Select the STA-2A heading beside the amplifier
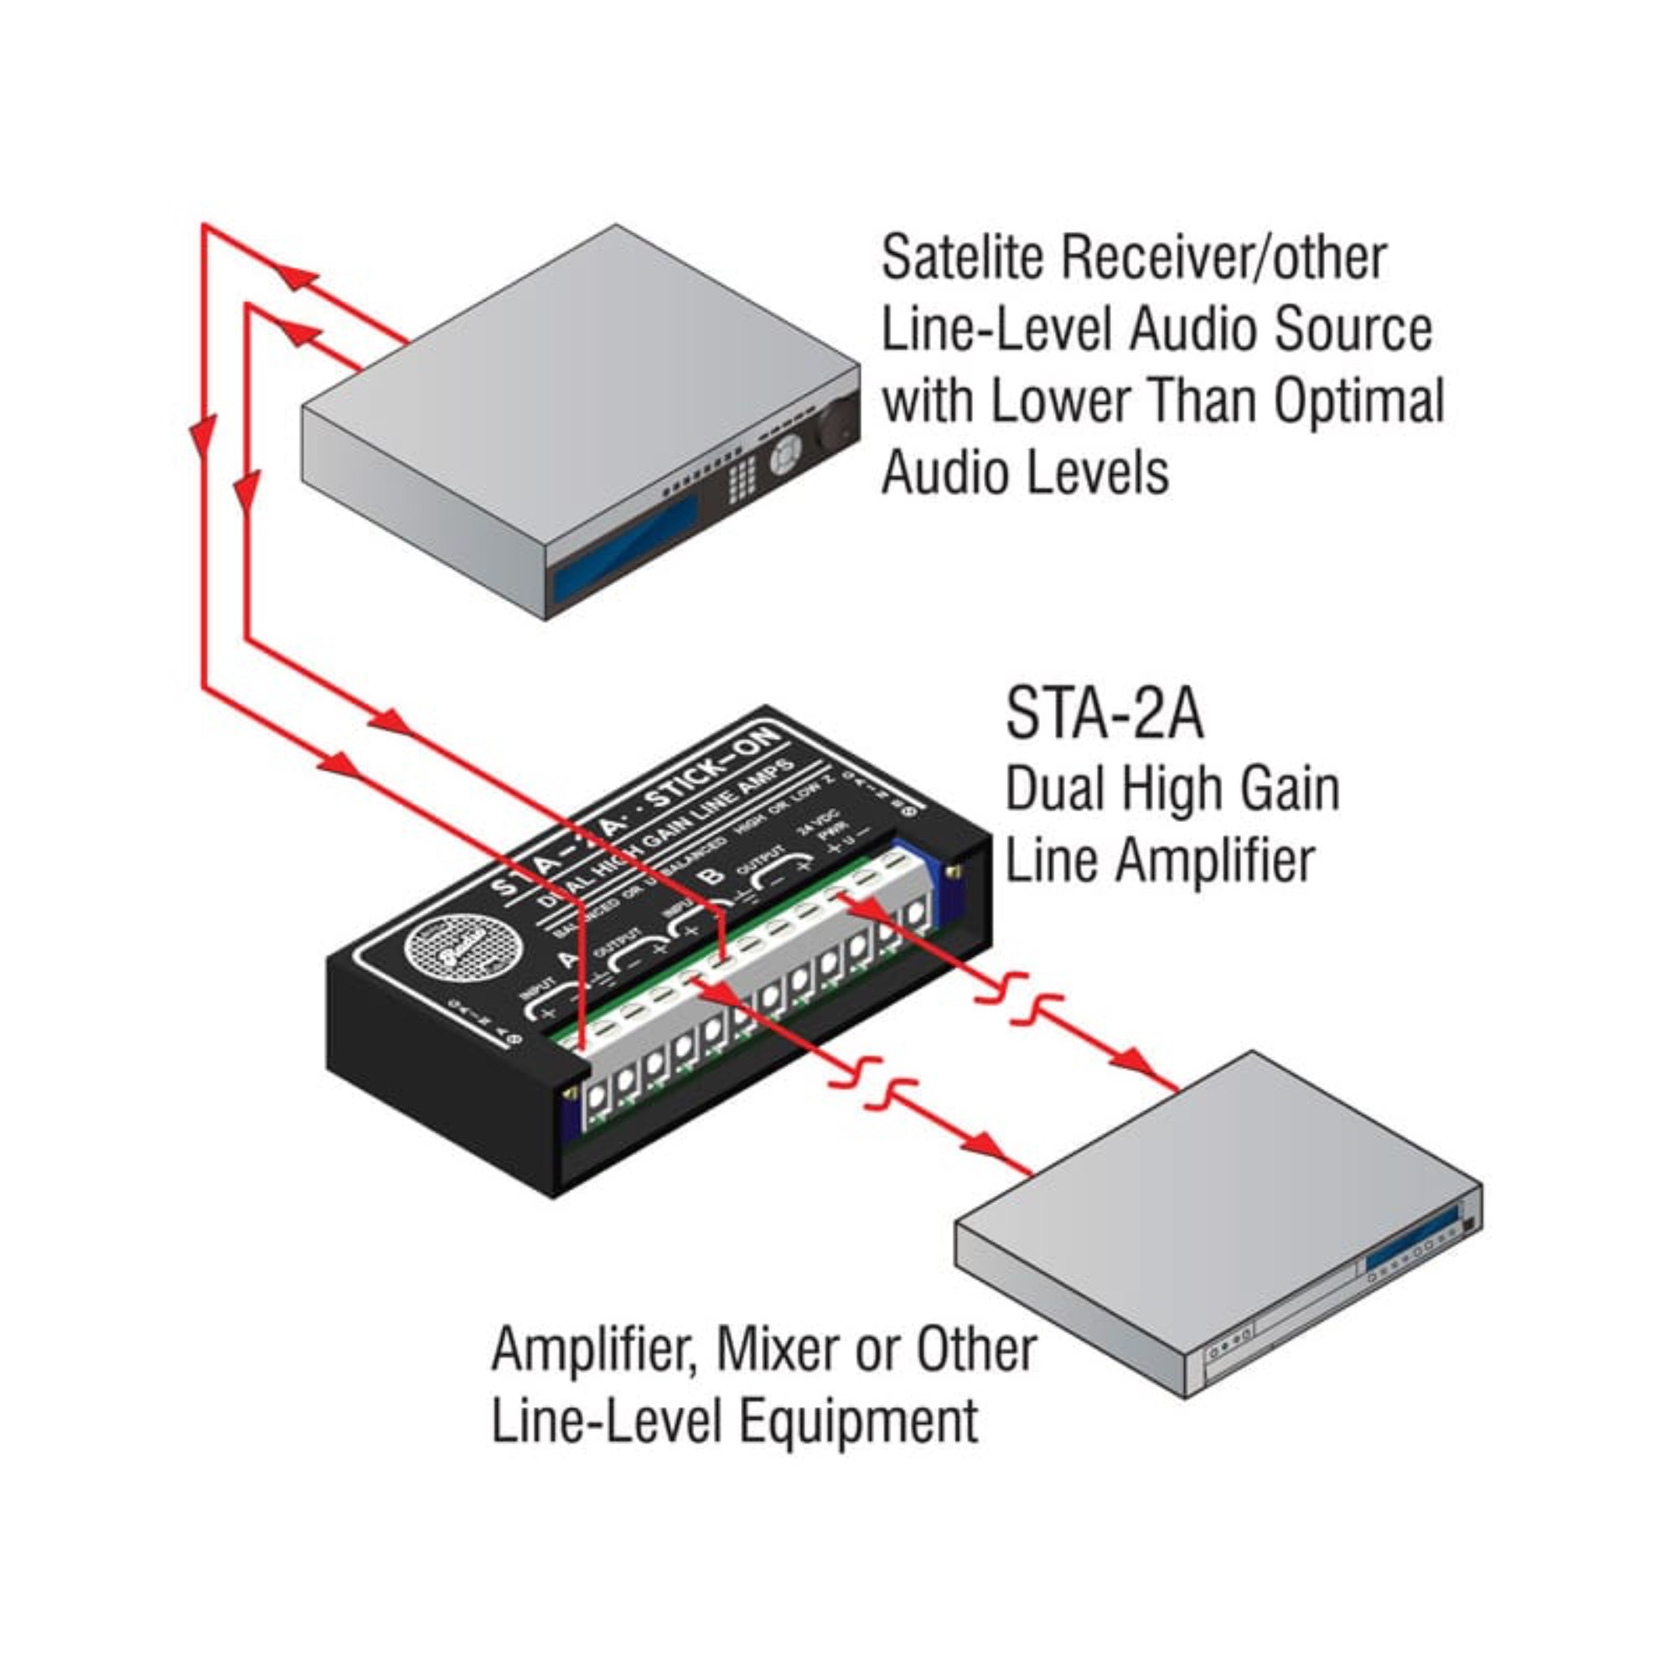point(1104,713)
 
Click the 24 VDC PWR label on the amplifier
point(815,830)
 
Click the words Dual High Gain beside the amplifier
point(1172,789)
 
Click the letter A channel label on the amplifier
point(570,960)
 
